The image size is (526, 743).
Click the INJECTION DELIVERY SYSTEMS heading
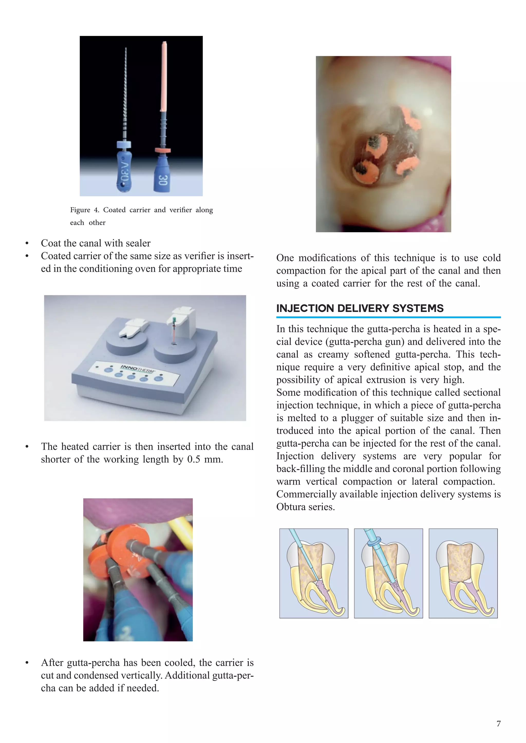pos(360,308)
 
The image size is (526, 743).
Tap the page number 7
pos(499,724)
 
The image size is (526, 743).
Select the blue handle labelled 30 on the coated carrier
pos(163,176)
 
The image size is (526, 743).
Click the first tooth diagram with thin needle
pos(314,573)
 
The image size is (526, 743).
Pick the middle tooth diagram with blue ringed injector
pos(388,573)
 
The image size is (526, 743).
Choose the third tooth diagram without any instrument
pos(463,573)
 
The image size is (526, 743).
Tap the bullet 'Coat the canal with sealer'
pos(96,243)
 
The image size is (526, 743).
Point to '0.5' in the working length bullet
pos(194,459)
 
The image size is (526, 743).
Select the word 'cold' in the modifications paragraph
pos(491,258)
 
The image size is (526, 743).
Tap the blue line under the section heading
pos(388,317)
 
